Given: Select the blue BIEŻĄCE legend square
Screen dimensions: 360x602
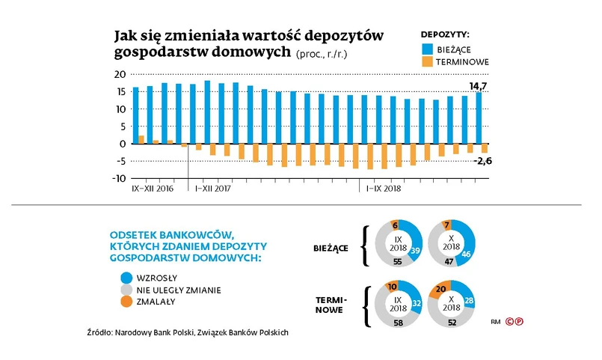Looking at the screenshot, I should pos(426,48).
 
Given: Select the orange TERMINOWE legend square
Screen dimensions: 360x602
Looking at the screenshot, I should pos(426,62).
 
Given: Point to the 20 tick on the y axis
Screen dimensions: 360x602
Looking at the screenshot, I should pos(119,74).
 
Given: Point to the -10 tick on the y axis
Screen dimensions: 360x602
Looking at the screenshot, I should pos(117,178).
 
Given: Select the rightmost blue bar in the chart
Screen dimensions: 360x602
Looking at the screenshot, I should pos(479,118).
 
